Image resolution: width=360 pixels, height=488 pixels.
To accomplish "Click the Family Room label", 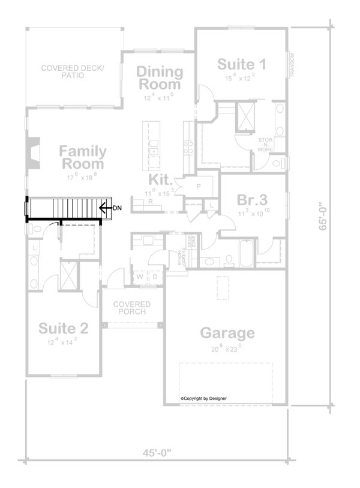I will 83,157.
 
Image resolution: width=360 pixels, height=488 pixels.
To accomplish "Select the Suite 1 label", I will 241,64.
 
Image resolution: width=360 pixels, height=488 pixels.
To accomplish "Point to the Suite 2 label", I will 64,328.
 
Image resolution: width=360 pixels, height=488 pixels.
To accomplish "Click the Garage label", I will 227,333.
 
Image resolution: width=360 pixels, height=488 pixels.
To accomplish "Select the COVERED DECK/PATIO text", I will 73,72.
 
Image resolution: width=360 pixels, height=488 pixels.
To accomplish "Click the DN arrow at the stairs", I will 107,208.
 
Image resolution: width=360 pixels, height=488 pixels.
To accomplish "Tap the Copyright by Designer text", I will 203,398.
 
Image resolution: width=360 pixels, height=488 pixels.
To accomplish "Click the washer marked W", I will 140,277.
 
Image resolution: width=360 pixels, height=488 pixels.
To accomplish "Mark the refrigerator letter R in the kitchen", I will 150,202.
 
